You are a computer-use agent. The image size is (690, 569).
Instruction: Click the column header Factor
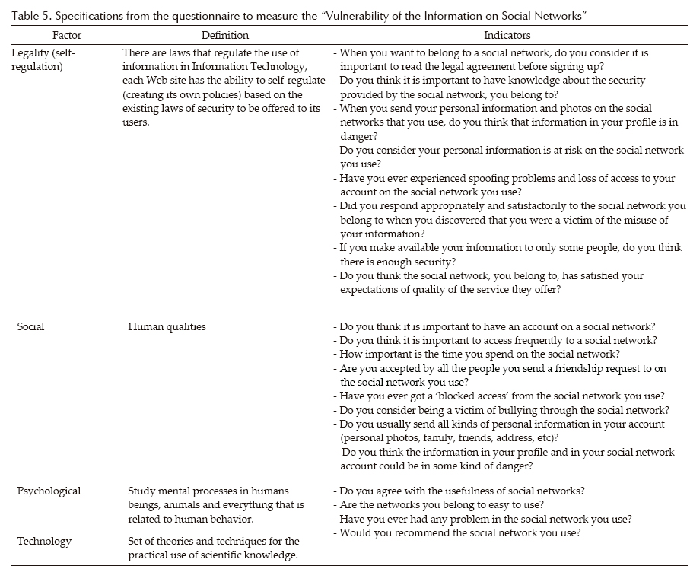pyautogui.click(x=67, y=35)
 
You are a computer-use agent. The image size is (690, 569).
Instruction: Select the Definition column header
pyautogui.click(x=224, y=35)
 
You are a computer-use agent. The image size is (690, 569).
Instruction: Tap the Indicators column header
pyautogui.click(x=507, y=35)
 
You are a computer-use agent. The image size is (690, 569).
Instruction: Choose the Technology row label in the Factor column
pyautogui.click(x=44, y=542)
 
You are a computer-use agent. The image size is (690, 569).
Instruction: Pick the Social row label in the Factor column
pyautogui.click(x=30, y=327)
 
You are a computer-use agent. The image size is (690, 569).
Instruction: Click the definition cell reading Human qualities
pyautogui.click(x=167, y=327)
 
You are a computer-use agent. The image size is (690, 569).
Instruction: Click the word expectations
pyautogui.click(x=374, y=289)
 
